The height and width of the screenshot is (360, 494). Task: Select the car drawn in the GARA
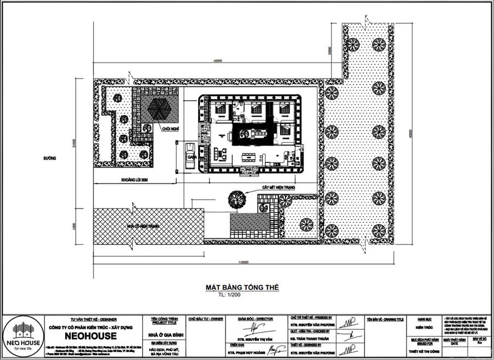(189, 150)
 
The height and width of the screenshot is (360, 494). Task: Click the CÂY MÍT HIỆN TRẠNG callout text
(279, 188)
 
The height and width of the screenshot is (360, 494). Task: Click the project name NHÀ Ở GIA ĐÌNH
(164, 334)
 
